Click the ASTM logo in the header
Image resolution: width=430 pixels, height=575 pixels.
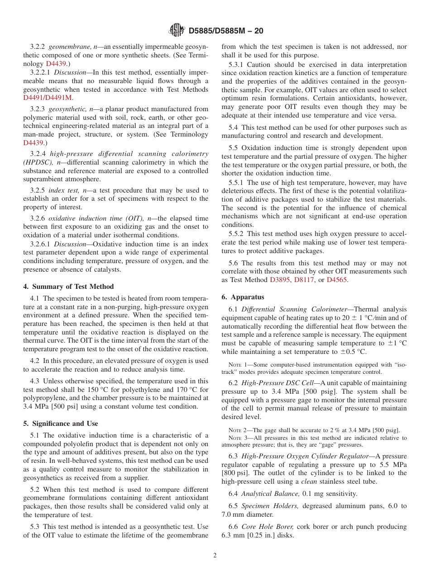(177, 31)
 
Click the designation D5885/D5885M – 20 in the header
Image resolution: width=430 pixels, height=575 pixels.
(225, 31)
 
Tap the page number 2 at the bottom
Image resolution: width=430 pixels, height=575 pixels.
(215, 555)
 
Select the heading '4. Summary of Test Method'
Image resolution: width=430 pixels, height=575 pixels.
(68, 287)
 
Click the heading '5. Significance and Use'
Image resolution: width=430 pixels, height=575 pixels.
(60, 424)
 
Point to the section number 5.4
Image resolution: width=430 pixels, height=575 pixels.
(234, 128)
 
